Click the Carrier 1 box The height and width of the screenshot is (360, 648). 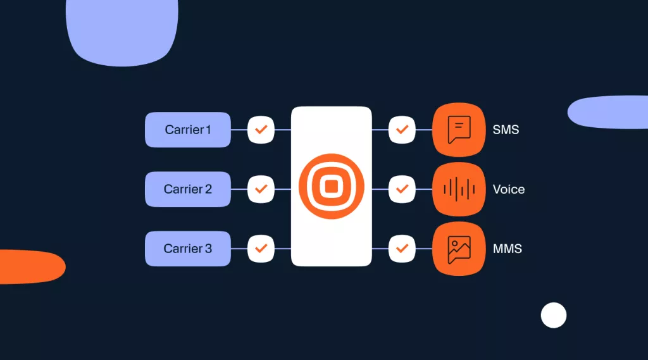point(187,130)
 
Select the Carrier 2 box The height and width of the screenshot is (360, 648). point(187,189)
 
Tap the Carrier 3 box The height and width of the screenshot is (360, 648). point(187,249)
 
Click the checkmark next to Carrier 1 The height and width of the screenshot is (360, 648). point(261,130)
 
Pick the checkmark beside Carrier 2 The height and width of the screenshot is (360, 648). point(261,189)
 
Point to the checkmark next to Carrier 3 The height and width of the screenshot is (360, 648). point(261,249)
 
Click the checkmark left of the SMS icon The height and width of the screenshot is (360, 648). point(402,130)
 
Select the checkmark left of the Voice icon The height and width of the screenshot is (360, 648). point(402,189)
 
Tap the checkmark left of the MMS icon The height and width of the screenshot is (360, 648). point(402,249)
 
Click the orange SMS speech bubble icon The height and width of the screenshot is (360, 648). point(459,130)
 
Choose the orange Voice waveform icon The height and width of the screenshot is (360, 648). point(459,189)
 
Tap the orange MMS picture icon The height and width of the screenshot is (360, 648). point(459,249)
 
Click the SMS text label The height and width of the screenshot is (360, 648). point(506,130)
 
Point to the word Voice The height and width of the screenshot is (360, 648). point(509,189)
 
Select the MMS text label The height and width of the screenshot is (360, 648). point(508,249)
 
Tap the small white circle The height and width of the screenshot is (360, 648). point(554,315)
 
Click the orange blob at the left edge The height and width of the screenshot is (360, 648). point(31,267)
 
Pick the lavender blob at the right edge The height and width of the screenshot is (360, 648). point(608,112)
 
